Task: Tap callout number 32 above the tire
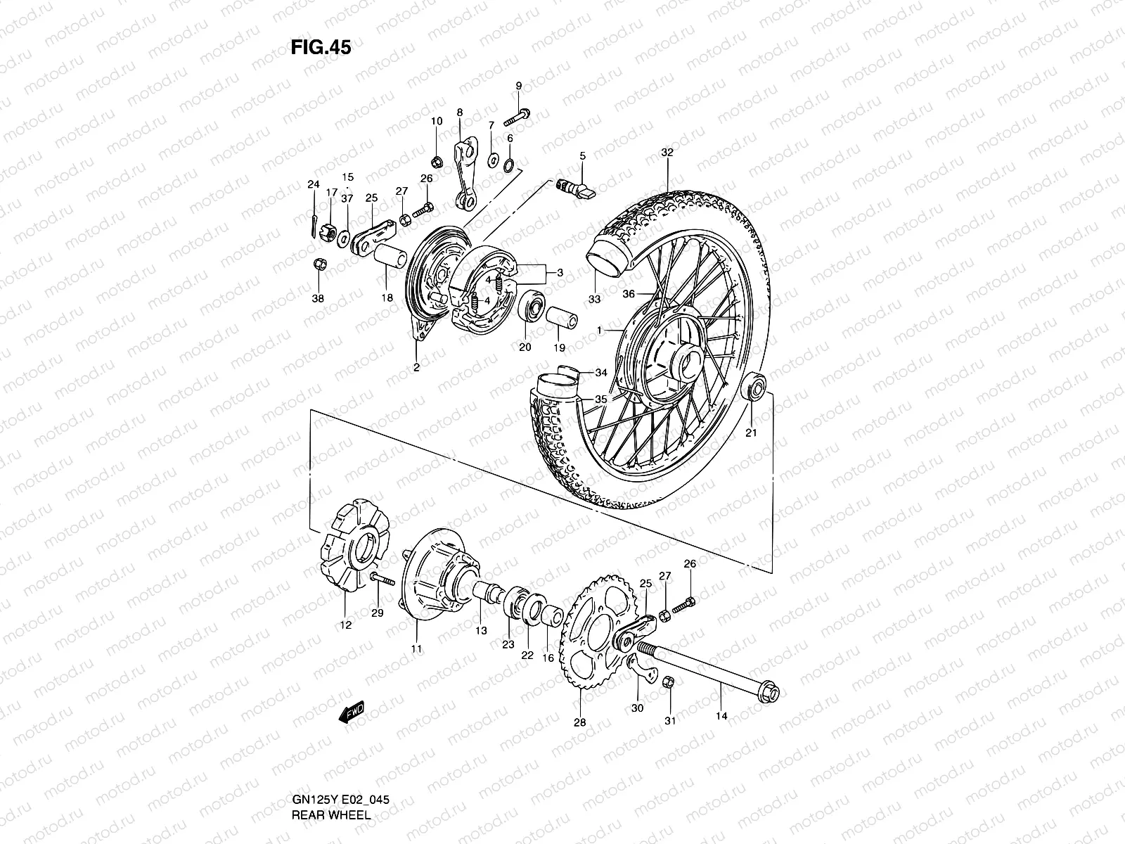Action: [667, 152]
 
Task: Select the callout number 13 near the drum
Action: [480, 631]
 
